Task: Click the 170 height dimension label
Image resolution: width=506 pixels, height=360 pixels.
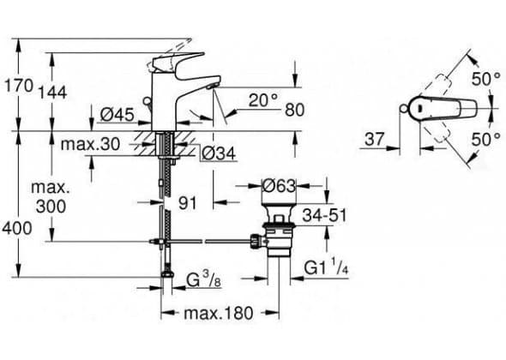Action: tap(18, 86)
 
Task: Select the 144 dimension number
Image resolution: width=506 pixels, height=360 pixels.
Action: tap(52, 93)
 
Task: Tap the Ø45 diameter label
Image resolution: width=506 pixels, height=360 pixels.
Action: tap(117, 114)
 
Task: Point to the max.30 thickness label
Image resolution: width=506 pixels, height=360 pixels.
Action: tap(90, 144)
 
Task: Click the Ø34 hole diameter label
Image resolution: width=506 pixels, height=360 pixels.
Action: tap(218, 154)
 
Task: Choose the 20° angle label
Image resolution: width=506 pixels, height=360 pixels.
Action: tap(263, 100)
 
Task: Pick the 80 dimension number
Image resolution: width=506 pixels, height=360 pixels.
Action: tap(295, 110)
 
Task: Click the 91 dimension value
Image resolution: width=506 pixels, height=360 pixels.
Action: tap(188, 203)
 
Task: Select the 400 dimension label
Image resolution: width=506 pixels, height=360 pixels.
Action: tap(17, 228)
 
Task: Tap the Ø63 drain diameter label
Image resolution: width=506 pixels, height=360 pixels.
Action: tap(279, 186)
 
